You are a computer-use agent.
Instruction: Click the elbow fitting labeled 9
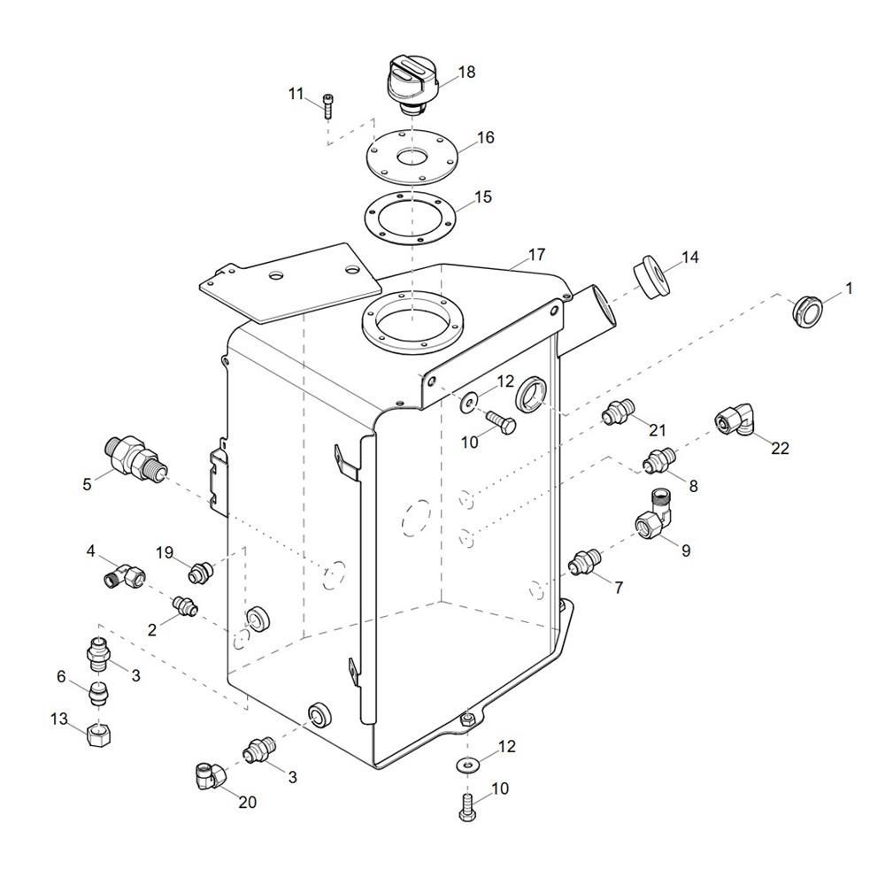[654, 515]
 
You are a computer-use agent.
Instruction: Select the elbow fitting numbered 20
[210, 775]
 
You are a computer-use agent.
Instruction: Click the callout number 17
[537, 255]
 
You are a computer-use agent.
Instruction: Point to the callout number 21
[658, 430]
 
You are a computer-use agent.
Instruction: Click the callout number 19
[165, 552]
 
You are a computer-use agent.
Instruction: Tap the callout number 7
[619, 588]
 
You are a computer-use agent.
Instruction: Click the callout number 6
[61, 676]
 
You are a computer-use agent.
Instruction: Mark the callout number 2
[151, 630]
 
